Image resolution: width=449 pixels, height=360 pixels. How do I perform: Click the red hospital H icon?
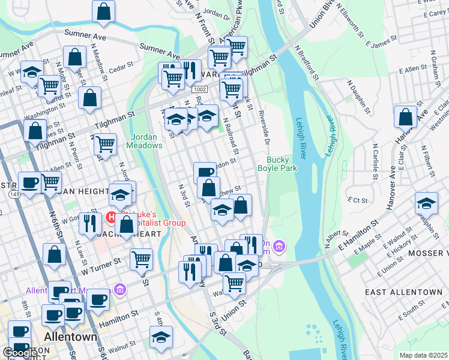click(x=110, y=215)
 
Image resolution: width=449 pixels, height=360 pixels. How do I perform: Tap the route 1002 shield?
click(x=200, y=88)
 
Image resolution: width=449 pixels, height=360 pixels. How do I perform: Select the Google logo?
click(x=19, y=353)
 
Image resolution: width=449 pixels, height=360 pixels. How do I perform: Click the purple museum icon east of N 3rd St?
click(x=279, y=246)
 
